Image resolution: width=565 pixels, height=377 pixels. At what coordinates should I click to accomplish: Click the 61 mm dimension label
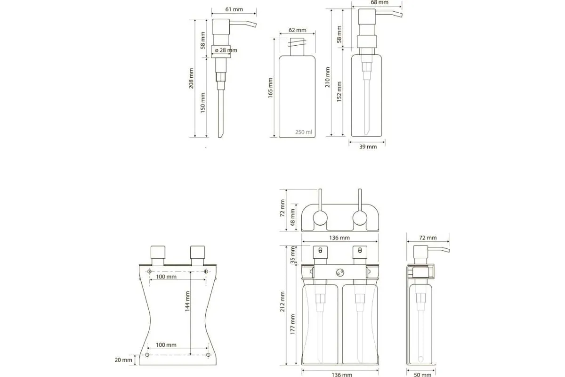point(234,9)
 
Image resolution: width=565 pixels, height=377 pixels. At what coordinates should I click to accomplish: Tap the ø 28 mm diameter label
point(226,50)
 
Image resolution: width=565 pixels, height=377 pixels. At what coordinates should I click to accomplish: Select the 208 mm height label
point(191,78)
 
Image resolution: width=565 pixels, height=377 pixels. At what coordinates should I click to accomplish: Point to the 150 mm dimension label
point(203,103)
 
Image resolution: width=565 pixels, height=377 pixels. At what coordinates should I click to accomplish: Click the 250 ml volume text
point(304,132)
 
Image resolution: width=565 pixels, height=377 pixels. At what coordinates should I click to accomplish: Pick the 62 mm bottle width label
point(298,30)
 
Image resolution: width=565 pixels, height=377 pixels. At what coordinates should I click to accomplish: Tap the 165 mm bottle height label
point(270,88)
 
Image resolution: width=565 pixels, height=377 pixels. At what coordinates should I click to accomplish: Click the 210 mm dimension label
point(327,77)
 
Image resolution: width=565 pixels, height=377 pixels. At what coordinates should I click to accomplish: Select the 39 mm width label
point(368,147)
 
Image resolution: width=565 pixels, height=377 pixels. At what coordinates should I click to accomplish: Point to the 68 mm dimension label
point(379,2)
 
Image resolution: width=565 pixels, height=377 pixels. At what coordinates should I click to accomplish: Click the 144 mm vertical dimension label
point(187,301)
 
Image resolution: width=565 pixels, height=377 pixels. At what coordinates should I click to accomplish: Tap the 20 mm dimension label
point(123,360)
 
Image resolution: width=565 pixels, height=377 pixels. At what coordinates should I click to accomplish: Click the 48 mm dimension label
point(292,217)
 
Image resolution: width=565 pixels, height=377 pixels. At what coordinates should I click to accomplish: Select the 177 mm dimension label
point(292,324)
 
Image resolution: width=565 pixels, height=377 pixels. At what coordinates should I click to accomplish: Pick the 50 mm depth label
point(423,375)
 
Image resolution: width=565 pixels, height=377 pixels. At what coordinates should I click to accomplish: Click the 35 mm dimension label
point(292,255)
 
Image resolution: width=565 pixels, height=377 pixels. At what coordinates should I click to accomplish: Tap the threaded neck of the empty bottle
point(297,47)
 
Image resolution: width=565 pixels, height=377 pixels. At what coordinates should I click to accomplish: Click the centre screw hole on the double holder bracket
point(340,272)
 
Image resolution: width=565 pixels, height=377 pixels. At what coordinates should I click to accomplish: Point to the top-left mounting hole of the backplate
point(149,271)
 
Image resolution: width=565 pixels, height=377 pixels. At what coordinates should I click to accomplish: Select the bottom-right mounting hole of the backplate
point(208,355)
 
